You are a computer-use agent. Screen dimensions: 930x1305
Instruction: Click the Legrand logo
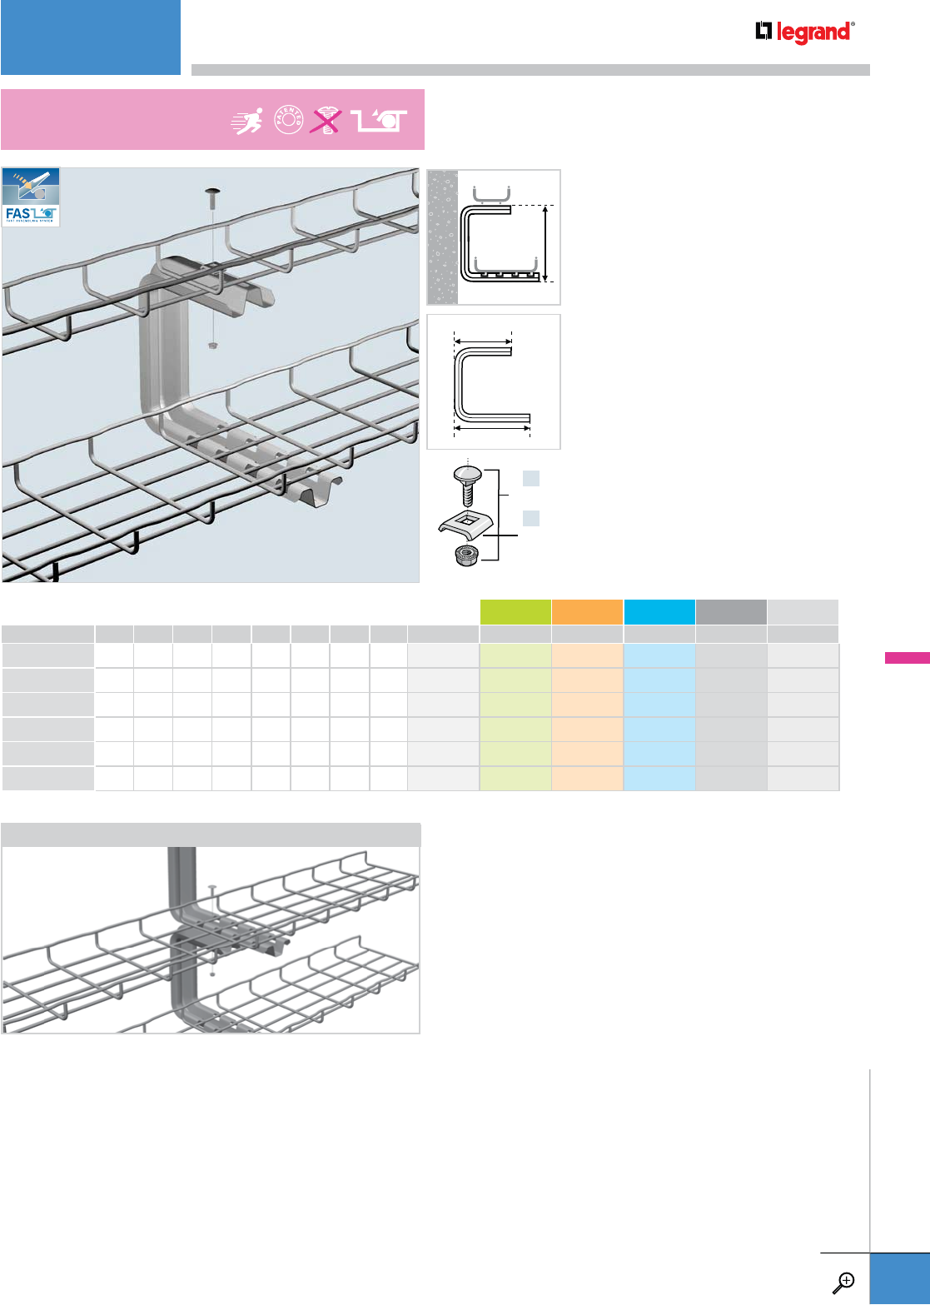(804, 32)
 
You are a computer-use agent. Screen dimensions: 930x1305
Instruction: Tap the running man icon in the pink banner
(247, 121)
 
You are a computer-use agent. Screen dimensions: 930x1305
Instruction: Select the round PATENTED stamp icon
(289, 121)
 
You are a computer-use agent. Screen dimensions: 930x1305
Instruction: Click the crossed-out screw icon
(326, 122)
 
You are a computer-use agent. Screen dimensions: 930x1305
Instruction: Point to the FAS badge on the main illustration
(31, 197)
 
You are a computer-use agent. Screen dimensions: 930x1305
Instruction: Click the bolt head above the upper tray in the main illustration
(213, 197)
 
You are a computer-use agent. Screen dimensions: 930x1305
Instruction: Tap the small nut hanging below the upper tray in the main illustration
(213, 345)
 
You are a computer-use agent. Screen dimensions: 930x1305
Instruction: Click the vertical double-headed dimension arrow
(545, 243)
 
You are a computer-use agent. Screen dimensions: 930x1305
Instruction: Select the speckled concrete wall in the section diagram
(442, 237)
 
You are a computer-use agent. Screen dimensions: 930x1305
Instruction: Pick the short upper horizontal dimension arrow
(483, 340)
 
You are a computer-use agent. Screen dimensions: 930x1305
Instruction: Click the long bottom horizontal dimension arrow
(492, 429)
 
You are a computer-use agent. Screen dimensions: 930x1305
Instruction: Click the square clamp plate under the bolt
(465, 524)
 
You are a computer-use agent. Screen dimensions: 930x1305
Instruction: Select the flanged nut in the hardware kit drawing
(466, 554)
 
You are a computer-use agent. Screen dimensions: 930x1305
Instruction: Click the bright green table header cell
(515, 612)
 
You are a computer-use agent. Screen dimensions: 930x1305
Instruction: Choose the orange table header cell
(587, 612)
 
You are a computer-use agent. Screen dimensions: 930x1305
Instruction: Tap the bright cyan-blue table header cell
(659, 612)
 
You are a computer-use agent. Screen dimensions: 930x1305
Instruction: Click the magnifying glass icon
(843, 1282)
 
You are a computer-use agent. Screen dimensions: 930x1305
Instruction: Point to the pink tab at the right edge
(907, 658)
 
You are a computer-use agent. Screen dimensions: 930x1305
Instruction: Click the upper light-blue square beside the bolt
(531, 478)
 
